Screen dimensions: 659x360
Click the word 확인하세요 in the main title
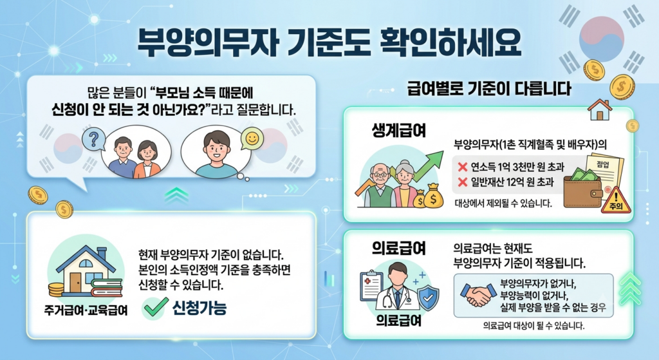(450, 42)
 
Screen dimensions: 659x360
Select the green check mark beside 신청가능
(156, 307)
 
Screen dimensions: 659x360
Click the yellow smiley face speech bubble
(252, 139)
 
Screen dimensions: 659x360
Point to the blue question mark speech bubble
(94, 139)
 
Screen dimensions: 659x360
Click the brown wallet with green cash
(583, 184)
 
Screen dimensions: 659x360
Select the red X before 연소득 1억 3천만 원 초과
(462, 167)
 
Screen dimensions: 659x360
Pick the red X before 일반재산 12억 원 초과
(462, 182)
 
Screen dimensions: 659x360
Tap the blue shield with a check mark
(428, 298)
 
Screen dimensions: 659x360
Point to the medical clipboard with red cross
(371, 285)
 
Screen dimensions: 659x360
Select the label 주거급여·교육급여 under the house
(86, 311)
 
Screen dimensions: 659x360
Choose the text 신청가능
(200, 308)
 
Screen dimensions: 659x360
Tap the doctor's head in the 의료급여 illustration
(397, 273)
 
